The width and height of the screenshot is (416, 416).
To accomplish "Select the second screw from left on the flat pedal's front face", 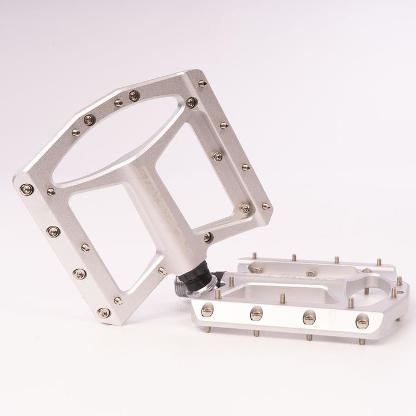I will [255, 314].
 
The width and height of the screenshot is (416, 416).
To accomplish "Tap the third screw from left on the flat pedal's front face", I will [306, 317].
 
